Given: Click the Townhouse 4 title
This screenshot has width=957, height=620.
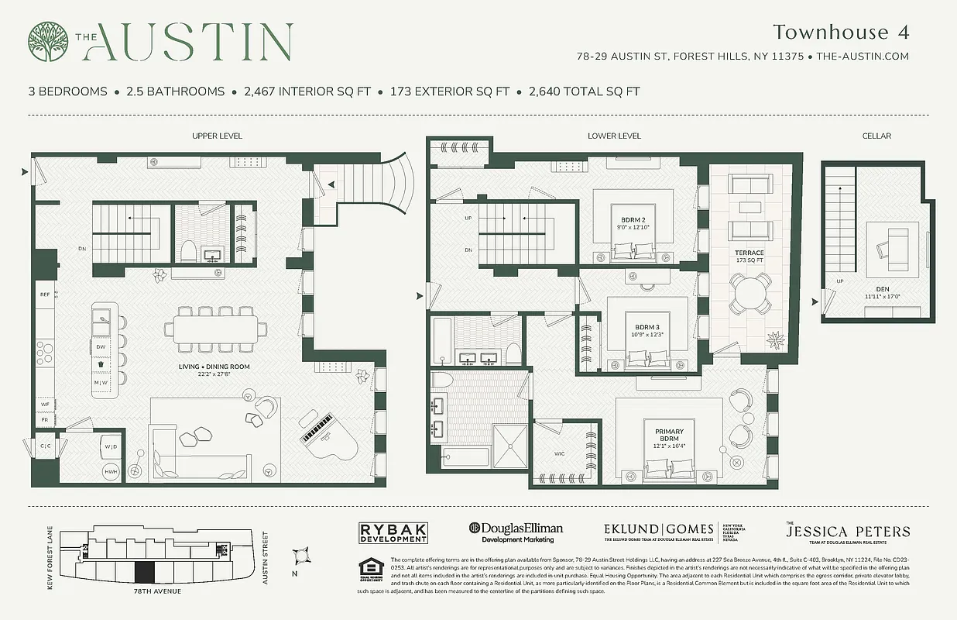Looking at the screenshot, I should coord(840,32).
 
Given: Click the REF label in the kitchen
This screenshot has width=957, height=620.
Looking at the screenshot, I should coord(44,294).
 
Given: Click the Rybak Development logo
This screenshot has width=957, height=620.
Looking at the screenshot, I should coord(393,532).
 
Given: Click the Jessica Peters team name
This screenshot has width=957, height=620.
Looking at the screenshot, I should coord(848,532).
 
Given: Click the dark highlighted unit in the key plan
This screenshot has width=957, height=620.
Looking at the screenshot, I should coord(144,573).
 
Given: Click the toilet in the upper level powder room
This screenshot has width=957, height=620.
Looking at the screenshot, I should coord(187,251).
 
